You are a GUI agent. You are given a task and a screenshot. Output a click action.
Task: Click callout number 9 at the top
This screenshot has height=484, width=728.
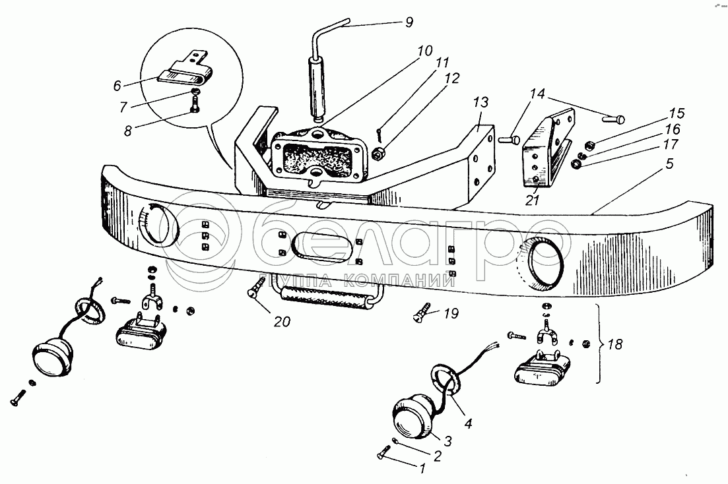(x=409, y=22)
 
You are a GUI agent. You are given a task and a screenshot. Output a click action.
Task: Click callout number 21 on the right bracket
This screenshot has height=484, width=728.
(x=533, y=200)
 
